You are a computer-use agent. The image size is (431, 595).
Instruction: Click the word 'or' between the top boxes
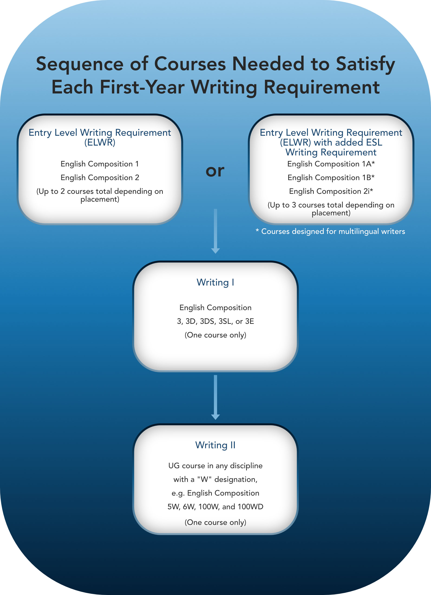(x=215, y=171)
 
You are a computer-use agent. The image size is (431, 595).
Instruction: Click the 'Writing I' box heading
(x=215, y=282)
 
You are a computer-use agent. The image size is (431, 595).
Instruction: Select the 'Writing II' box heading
(x=215, y=445)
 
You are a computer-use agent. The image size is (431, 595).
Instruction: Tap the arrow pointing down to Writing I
(x=215, y=231)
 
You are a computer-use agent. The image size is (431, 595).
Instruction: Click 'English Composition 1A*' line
(x=331, y=164)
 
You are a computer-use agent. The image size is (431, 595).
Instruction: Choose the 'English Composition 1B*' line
(x=331, y=178)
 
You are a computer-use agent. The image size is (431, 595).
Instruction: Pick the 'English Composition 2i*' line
(x=331, y=191)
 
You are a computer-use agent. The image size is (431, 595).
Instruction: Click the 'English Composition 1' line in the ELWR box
(x=100, y=164)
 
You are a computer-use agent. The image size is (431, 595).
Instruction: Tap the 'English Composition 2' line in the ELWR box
(x=100, y=178)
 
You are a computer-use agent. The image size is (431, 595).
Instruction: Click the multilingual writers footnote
(x=330, y=231)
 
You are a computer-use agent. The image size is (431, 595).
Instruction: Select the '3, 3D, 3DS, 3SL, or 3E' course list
(x=215, y=321)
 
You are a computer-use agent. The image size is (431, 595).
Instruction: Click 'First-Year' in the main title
(x=142, y=87)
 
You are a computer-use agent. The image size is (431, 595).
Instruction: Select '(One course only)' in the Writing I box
(x=215, y=335)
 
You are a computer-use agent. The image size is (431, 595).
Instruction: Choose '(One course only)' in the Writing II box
(x=215, y=522)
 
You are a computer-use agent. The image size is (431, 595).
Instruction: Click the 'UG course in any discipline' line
(x=215, y=466)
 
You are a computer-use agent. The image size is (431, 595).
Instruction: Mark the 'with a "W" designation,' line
(x=215, y=479)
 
